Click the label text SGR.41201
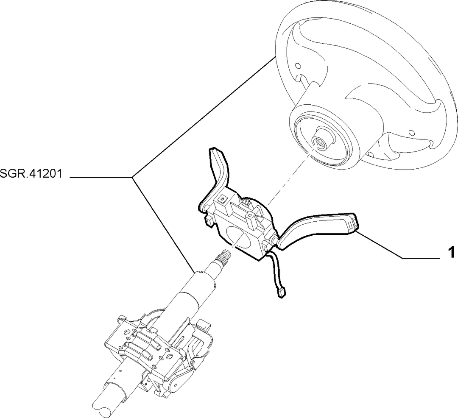[31, 174]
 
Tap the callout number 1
[451, 252]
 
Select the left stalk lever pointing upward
[218, 172]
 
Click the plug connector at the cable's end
[281, 292]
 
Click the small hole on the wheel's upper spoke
[298, 65]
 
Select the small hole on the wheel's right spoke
[411, 133]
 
